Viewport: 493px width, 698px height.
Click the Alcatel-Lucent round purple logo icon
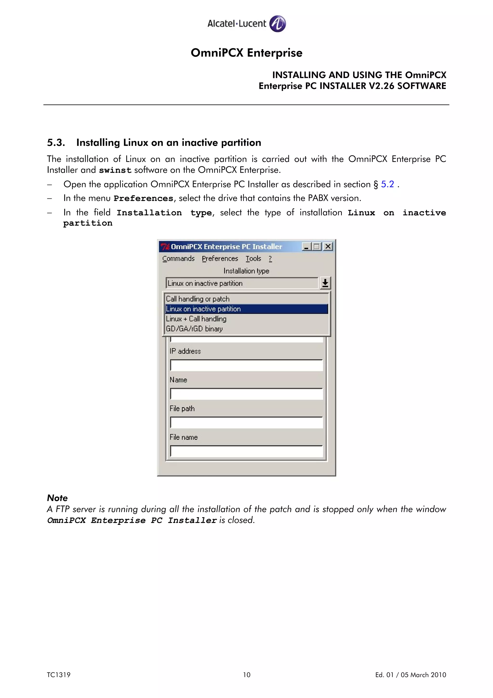click(x=277, y=23)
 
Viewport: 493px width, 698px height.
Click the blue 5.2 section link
click(x=387, y=184)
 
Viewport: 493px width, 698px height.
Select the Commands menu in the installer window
click(x=178, y=258)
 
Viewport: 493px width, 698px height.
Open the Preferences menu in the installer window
click(x=220, y=258)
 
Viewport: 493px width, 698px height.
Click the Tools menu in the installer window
click(x=253, y=258)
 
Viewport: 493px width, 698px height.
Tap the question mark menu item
click(x=270, y=258)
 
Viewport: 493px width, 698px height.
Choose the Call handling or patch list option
click(x=197, y=299)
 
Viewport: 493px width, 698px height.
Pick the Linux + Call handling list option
click(x=196, y=319)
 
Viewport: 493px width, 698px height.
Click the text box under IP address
click(x=246, y=365)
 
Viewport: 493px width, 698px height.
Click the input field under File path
click(x=246, y=422)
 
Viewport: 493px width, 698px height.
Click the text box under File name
click(x=246, y=451)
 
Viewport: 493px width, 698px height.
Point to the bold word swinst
click(x=115, y=170)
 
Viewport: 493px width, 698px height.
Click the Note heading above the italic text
click(x=57, y=498)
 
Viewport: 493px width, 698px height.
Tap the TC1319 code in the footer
click(x=59, y=675)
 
